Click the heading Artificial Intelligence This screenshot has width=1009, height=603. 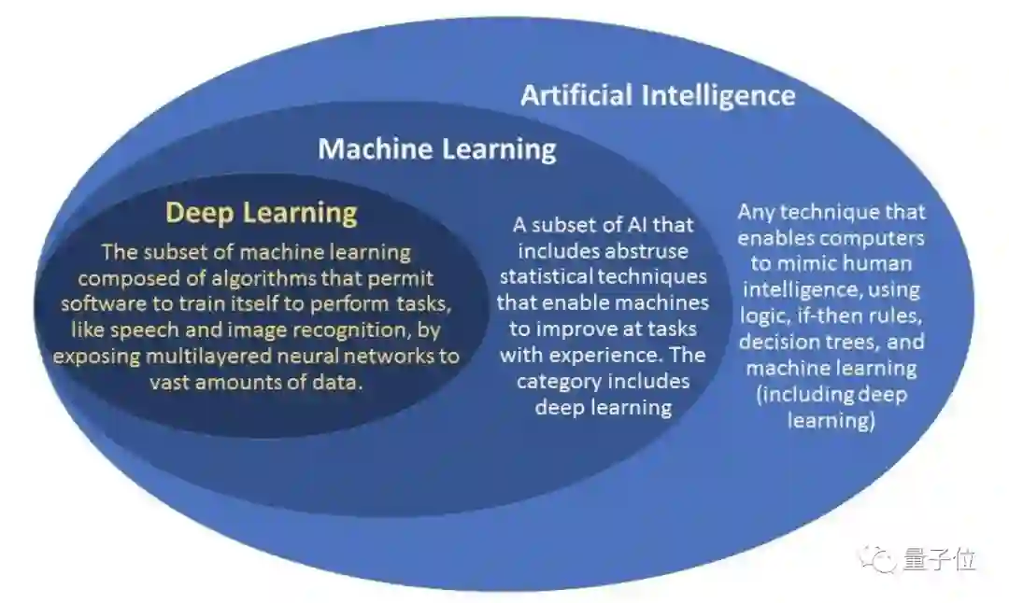(658, 95)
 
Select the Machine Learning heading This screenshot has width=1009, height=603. (436, 148)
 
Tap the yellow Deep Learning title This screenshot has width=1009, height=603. (262, 213)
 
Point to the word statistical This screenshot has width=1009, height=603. (544, 276)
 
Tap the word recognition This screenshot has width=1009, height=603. (347, 330)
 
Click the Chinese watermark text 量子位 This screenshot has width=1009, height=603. (940, 559)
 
